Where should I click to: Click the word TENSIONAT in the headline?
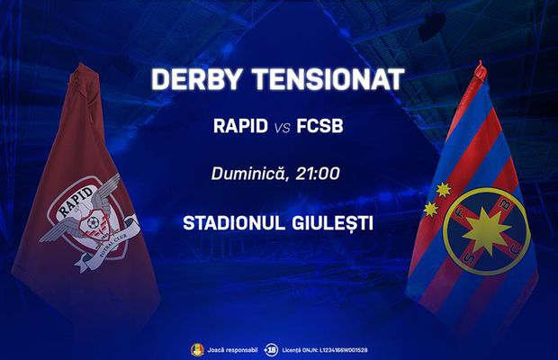[328, 78]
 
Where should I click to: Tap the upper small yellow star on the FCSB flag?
[441, 190]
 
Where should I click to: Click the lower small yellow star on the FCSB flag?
[431, 210]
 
